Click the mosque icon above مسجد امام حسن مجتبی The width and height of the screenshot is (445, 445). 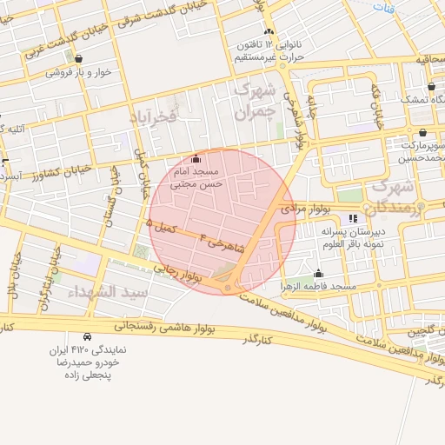[x=195, y=159]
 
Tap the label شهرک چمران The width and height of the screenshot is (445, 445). [x=256, y=100]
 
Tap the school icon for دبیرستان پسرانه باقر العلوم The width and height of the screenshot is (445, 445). [x=352, y=218]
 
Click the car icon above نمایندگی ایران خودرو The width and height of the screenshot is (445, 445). [x=87, y=336]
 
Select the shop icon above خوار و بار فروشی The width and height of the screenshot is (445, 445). [x=79, y=59]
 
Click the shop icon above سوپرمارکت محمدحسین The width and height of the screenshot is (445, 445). [x=422, y=133]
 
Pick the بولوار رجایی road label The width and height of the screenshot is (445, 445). [x=178, y=274]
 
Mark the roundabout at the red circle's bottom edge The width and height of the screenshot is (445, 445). [x=228, y=286]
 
